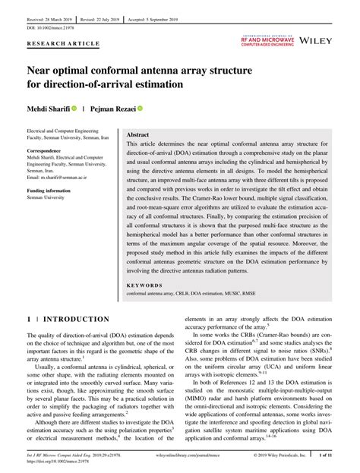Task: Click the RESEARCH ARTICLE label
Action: click(63, 44)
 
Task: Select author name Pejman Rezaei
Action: click(113, 109)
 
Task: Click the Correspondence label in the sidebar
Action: click(49, 151)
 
